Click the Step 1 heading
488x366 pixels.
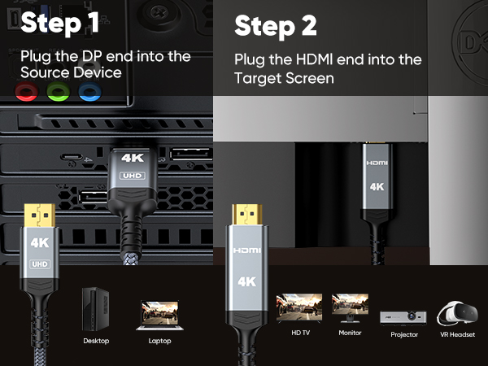(x=60, y=23)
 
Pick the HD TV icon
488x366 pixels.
(x=299, y=309)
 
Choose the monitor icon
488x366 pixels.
(x=351, y=309)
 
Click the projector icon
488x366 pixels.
(x=403, y=316)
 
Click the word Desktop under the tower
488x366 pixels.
(x=95, y=341)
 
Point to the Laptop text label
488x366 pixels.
(x=159, y=341)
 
